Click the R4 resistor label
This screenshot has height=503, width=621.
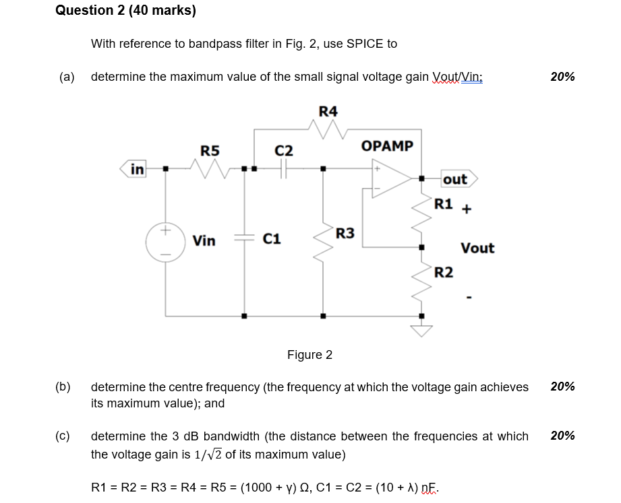coord(328,110)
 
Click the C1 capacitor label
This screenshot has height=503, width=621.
coord(272,238)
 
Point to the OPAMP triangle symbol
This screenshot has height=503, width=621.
coord(390,178)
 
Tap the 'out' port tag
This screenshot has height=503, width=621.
coord(457,179)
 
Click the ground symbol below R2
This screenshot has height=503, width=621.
coord(422,329)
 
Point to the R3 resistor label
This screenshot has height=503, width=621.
coord(345,234)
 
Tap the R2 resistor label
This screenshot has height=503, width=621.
coord(444,272)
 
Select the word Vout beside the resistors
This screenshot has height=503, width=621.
coord(477,248)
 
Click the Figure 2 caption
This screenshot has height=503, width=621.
coord(309,355)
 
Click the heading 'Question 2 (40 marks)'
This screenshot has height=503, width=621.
coord(125,10)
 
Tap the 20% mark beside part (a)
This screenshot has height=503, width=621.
coord(562,77)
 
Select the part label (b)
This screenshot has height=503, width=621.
coord(63,387)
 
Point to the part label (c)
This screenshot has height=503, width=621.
coord(63,436)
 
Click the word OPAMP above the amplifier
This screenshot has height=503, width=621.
coord(388,146)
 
